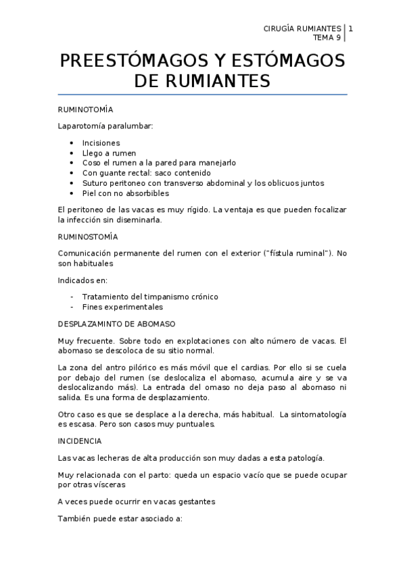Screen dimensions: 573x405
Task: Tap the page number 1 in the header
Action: (x=350, y=28)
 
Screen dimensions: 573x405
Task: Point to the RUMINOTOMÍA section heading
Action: (x=85, y=109)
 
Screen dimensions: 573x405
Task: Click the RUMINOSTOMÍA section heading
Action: (x=88, y=236)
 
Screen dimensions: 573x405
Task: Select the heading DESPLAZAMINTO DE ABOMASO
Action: (x=116, y=323)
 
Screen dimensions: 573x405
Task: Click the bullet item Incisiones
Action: (x=101, y=143)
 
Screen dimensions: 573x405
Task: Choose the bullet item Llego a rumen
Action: (x=109, y=153)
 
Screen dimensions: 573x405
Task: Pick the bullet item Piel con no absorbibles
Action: (x=125, y=193)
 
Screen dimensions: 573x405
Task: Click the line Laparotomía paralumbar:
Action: (x=96, y=126)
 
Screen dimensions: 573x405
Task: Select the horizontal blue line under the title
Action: (x=203, y=95)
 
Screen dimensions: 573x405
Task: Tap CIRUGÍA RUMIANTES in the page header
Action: (x=301, y=28)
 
